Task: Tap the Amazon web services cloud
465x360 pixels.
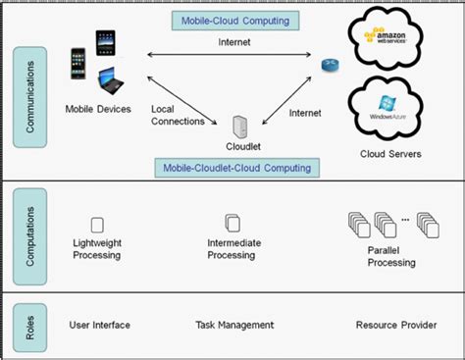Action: (x=396, y=37)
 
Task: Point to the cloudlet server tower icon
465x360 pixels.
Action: (x=237, y=128)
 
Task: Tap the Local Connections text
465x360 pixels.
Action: (x=178, y=115)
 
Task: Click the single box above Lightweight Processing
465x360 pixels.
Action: (x=97, y=224)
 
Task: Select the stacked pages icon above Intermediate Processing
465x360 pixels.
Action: (x=232, y=224)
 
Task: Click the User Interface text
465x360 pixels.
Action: (x=99, y=325)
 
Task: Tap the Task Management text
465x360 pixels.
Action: (x=233, y=325)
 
